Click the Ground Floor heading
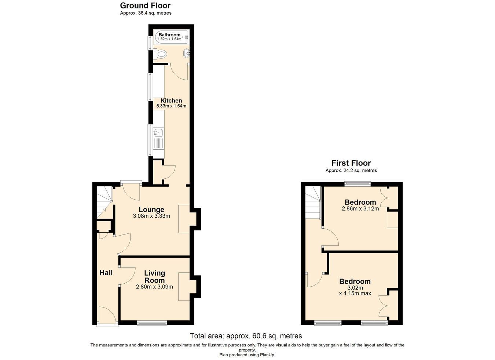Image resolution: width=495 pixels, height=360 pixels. pos(145,6)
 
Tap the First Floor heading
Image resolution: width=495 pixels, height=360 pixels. pos(351,163)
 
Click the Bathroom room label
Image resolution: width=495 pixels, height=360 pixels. pos(169,35)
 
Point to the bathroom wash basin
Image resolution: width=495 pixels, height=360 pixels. pos(187,53)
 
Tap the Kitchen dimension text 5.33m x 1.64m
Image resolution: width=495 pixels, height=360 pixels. pos(171,106)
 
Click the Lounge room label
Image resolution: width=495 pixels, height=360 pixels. pos(151,210)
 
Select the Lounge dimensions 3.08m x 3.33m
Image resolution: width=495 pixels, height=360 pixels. pos(151,216)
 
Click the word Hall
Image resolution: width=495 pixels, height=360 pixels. pos(106,273)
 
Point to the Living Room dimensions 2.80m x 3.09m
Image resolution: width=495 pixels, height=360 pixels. pos(154,287)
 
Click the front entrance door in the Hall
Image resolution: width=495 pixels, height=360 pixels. pos(108,316)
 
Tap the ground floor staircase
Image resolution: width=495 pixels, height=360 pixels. pos(104,202)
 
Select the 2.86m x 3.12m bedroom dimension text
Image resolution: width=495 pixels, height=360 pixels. pos(360,208)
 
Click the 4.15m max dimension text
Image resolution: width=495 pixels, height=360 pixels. pos(355,294)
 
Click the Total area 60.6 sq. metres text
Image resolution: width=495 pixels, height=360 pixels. pos(246,336)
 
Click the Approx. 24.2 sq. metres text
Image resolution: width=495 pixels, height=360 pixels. pos(351,171)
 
